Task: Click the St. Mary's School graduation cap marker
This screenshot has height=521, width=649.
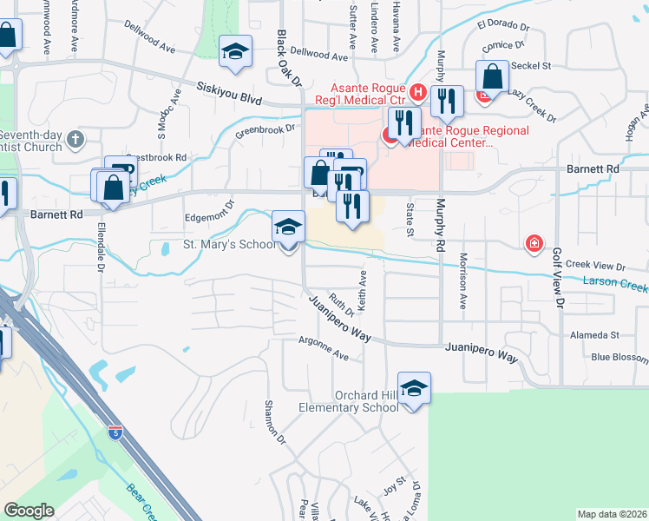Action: point(289,228)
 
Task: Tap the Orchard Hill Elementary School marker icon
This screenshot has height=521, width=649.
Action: point(414,389)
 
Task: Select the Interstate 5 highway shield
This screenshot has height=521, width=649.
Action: point(115,431)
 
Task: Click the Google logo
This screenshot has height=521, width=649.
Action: point(29,511)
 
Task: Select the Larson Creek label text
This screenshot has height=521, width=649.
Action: point(615,283)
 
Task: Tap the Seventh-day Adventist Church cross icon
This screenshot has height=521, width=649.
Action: point(75,139)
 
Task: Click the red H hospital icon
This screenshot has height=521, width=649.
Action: point(417,91)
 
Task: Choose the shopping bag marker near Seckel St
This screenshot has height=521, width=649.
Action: point(492,77)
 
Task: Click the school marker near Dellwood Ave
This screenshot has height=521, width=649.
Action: point(235,51)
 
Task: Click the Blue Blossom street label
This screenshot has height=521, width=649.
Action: point(619,357)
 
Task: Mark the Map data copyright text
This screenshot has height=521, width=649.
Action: point(612,514)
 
